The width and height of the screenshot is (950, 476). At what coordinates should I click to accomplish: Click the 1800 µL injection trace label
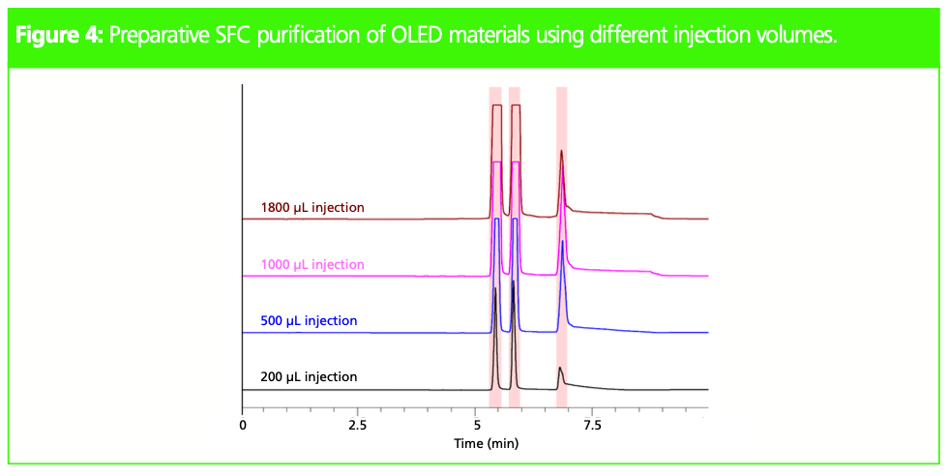tap(312, 208)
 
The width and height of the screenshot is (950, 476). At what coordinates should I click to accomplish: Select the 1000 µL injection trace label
tap(312, 264)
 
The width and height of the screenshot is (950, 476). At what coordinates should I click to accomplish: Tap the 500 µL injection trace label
tap(309, 321)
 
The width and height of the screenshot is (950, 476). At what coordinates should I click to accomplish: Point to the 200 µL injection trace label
tap(309, 377)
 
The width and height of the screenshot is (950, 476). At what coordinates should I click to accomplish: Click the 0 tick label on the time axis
tap(242, 425)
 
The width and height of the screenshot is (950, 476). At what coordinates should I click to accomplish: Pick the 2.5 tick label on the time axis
tap(358, 425)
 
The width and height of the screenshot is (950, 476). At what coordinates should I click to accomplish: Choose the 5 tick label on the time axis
tap(476, 425)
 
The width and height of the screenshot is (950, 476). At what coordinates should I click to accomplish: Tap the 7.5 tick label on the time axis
tap(592, 425)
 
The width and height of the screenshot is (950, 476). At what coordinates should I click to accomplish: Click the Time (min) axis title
tap(486, 444)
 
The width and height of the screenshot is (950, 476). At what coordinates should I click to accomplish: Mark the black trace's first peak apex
tap(495, 288)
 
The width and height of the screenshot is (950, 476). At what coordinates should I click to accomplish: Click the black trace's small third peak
tap(559, 369)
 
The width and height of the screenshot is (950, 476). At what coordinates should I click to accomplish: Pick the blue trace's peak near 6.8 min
tap(562, 242)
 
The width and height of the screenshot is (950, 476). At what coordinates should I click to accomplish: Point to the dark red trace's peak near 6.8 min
tap(561, 151)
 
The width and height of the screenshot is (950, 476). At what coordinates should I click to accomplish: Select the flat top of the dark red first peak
tap(496, 104)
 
